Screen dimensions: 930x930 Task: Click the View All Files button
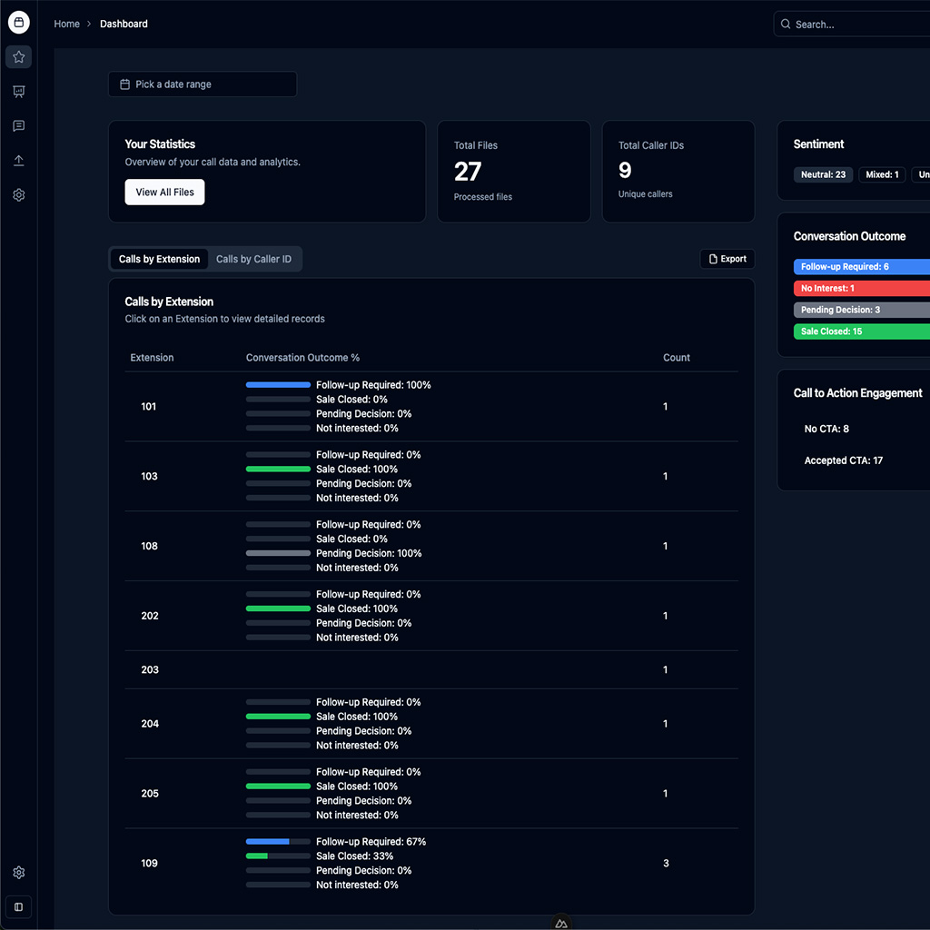pos(164,192)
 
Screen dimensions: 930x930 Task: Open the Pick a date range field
pos(202,84)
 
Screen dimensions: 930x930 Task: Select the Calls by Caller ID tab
pos(253,259)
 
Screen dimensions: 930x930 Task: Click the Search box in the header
pos(854,25)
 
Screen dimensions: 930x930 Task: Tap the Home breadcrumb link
pos(66,24)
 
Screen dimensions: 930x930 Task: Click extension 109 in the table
pos(150,863)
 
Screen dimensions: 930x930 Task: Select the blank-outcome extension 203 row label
pos(150,669)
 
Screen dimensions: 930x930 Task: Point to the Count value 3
pos(666,863)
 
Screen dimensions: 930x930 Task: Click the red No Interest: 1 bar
pos(861,288)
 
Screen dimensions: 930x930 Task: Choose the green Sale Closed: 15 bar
pos(861,331)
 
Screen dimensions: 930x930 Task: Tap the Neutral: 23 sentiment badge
pos(823,174)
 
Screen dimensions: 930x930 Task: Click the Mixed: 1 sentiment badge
pos(882,174)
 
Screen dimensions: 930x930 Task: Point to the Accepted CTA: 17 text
pos(844,460)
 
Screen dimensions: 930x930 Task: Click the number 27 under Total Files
pos(468,171)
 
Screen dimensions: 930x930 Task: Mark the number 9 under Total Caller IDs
pos(625,170)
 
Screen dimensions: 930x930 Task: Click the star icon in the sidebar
pos(19,57)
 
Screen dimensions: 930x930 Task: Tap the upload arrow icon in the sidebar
pos(19,161)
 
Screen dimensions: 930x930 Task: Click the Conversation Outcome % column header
pos(302,358)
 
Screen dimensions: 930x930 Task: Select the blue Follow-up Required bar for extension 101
pos(278,385)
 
